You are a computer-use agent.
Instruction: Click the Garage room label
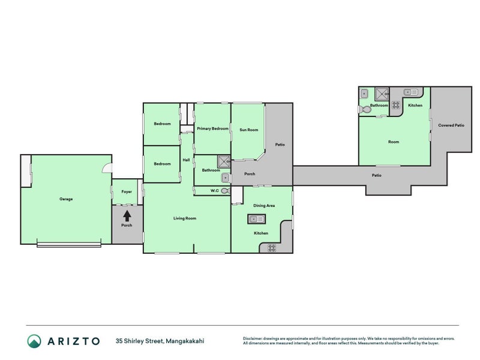66,199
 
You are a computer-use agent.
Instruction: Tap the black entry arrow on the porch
127,216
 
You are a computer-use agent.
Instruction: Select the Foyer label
127,191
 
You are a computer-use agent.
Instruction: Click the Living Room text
185,218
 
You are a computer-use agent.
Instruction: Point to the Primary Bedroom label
213,128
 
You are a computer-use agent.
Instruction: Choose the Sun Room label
248,130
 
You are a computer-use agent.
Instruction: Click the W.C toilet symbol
226,191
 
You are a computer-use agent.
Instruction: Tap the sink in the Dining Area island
256,219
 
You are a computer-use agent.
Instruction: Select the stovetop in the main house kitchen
272,248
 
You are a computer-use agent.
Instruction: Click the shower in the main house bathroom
224,161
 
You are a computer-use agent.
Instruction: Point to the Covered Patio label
451,125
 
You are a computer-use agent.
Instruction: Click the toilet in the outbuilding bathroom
365,110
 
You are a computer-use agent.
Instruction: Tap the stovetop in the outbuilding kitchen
396,105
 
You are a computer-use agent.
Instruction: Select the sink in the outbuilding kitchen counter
411,92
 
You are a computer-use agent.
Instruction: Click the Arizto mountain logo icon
34,341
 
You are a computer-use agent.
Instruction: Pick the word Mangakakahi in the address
185,341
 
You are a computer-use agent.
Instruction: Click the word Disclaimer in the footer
253,338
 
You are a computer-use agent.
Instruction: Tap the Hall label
186,160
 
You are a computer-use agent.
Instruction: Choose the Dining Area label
264,205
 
